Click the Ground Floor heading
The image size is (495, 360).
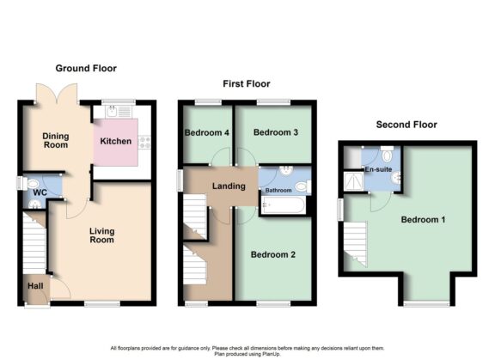(x=86, y=68)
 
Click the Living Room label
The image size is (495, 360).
(x=101, y=235)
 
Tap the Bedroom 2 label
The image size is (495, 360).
(x=273, y=254)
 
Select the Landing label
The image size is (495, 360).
(x=229, y=186)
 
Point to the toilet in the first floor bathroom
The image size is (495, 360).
(x=301, y=187)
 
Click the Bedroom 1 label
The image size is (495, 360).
(x=424, y=219)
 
